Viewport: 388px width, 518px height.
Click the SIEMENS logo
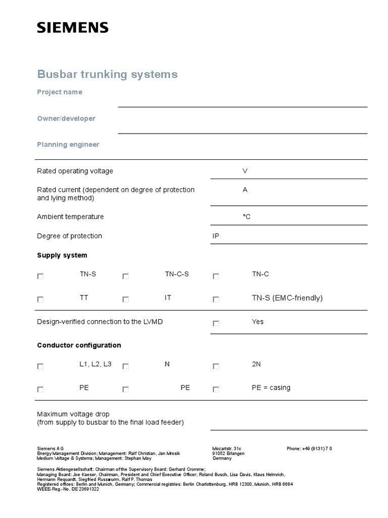pos(72,28)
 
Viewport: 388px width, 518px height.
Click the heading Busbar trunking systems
pos(107,74)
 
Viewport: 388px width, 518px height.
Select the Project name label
pos(60,92)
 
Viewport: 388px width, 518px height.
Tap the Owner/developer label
pos(66,118)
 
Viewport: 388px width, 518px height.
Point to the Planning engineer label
pos(68,145)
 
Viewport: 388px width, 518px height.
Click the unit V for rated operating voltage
pos(245,171)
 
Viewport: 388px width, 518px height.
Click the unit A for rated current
pos(245,190)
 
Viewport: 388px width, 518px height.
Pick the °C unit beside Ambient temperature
pos(247,217)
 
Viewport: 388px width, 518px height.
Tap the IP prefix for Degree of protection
pos(216,236)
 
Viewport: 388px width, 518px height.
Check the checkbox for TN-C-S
pos(125,276)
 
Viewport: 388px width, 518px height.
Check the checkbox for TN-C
pos(216,276)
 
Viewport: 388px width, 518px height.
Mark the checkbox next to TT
pos(40,299)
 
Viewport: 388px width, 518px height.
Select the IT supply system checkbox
pos(125,299)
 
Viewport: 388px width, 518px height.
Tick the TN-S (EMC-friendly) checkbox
pos(216,299)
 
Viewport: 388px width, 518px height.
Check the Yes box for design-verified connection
pos(216,323)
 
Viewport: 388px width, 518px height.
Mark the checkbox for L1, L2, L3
pos(40,366)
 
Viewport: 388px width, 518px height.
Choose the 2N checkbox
pos(216,366)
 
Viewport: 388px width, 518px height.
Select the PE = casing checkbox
pos(216,390)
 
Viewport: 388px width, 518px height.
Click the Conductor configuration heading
pos(79,346)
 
